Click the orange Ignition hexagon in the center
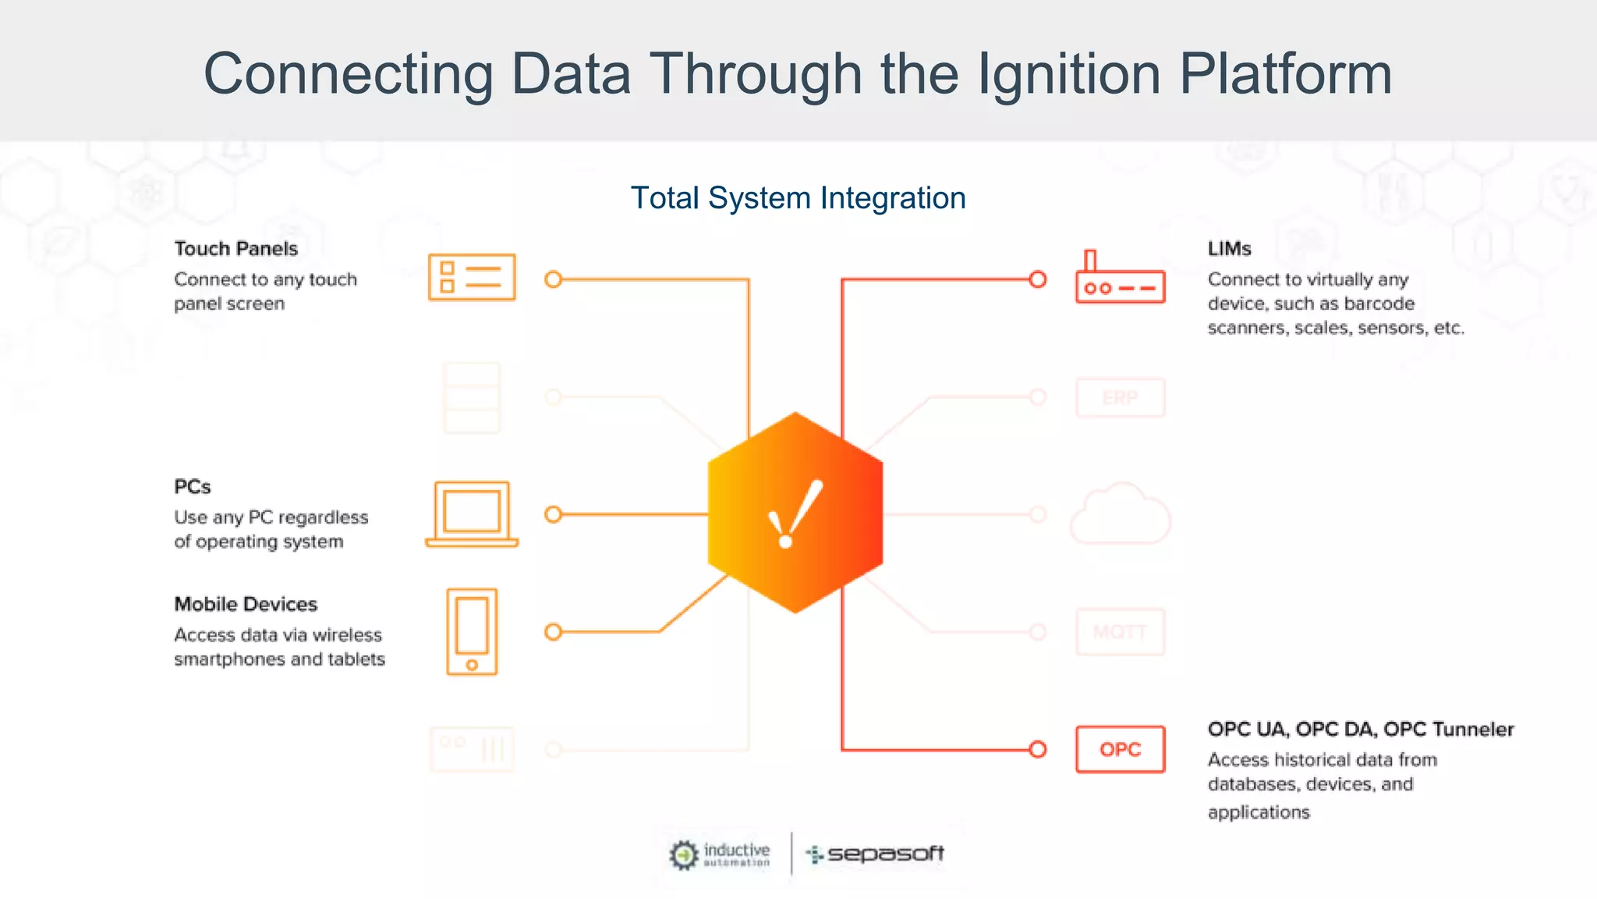pyautogui.click(x=795, y=513)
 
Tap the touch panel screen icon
pyautogui.click(x=472, y=277)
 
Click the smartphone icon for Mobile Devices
pyautogui.click(x=472, y=631)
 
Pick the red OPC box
pyautogui.click(x=1120, y=749)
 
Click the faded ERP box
pyautogui.click(x=1120, y=398)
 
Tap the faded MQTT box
pyautogui.click(x=1120, y=631)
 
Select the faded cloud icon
pyautogui.click(x=1120, y=514)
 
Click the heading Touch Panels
pyautogui.click(x=235, y=249)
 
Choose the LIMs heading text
pyautogui.click(x=1229, y=249)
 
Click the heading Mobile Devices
pyautogui.click(x=246, y=604)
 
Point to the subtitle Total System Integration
pyautogui.click(x=798, y=198)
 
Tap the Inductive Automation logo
pyautogui.click(x=720, y=855)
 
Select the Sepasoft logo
pyautogui.click(x=875, y=855)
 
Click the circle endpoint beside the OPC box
pyautogui.click(x=1037, y=749)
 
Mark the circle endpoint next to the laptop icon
pyautogui.click(x=553, y=514)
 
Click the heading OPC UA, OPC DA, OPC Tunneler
pyautogui.click(x=1360, y=729)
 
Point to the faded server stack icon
pyautogui.click(x=472, y=398)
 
